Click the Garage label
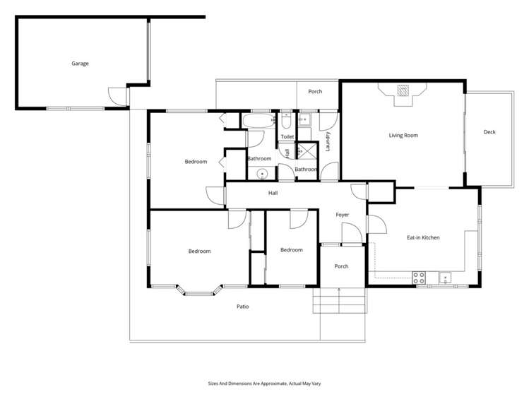pyautogui.click(x=80, y=64)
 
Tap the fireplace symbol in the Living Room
pyautogui.click(x=403, y=90)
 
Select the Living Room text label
pyautogui.click(x=403, y=135)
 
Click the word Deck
pyautogui.click(x=489, y=132)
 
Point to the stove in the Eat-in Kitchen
pyautogui.click(x=418, y=277)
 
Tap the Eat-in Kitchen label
pyautogui.click(x=423, y=237)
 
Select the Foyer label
pyautogui.click(x=342, y=215)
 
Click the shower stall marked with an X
pyautogui.click(x=306, y=150)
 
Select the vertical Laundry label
pyautogui.click(x=328, y=141)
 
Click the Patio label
pyautogui.click(x=242, y=307)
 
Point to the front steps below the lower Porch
pyautogui.click(x=339, y=302)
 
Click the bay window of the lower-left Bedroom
pyautogui.click(x=199, y=289)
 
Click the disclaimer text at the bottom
pyautogui.click(x=264, y=384)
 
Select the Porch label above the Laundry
pyautogui.click(x=315, y=91)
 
